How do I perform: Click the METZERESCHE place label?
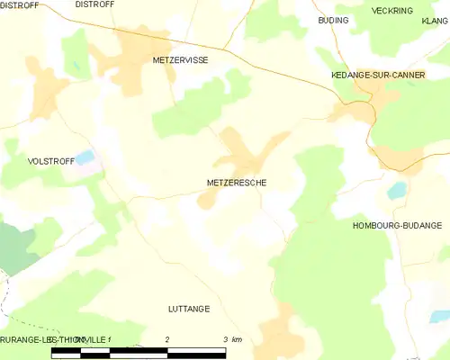[x=236, y=182]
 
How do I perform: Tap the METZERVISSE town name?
[x=180, y=59]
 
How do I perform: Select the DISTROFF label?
[x=94, y=4]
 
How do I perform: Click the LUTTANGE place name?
[x=189, y=309]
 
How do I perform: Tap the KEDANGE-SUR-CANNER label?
[x=378, y=76]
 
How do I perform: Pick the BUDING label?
[x=332, y=19]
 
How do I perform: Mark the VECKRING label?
[x=392, y=11]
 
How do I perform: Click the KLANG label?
[x=435, y=19]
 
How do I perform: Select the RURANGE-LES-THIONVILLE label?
[x=54, y=339]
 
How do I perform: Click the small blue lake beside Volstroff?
[x=85, y=157]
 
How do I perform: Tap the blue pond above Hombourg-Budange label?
[x=396, y=190]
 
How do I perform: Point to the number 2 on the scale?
[x=168, y=338]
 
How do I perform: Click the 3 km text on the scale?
[x=231, y=338]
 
